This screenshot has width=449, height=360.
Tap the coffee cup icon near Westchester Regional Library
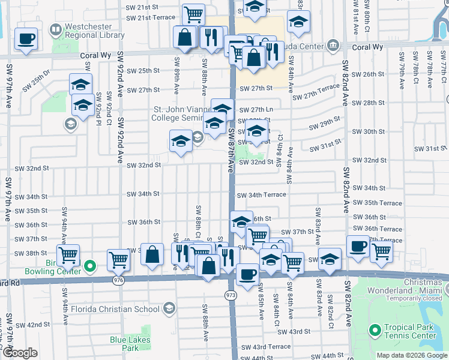(26, 39)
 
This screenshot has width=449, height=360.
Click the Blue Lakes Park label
(130, 344)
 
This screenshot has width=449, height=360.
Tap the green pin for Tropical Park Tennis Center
(376, 331)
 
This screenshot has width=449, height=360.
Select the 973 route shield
(231, 296)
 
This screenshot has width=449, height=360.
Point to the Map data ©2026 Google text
(411, 355)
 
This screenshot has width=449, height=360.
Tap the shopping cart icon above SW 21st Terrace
(193, 14)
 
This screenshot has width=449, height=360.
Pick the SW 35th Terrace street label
(378, 203)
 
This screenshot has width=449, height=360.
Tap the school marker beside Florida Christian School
(169, 310)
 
